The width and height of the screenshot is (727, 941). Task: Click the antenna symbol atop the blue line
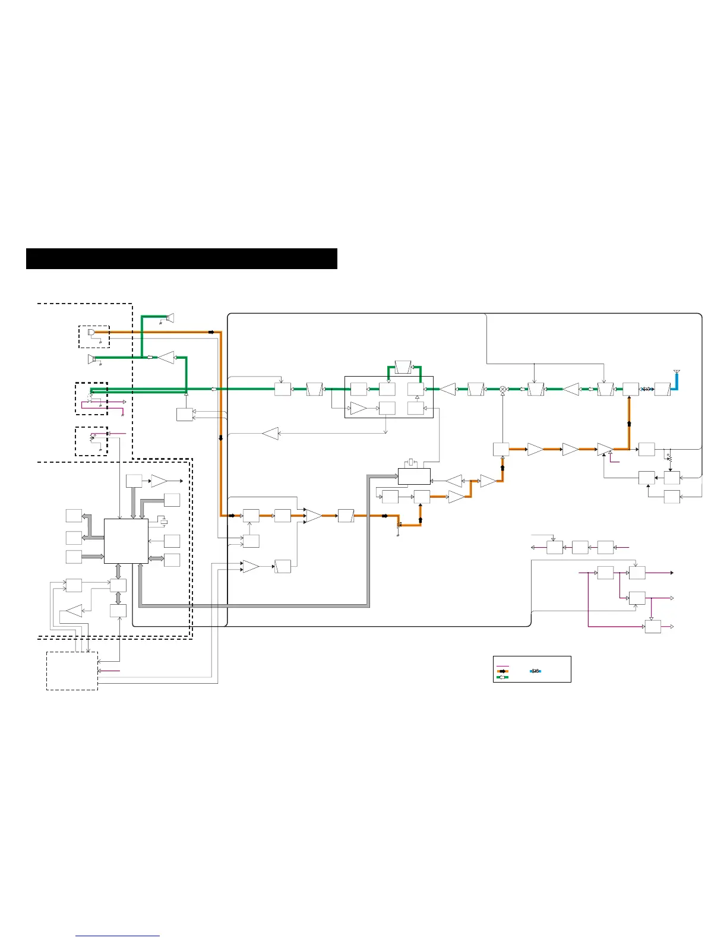pos(677,372)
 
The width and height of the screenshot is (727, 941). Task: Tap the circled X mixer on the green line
pos(502,389)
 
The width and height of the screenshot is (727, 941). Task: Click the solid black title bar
pos(182,259)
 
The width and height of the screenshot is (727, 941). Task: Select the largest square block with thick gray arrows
pos(126,541)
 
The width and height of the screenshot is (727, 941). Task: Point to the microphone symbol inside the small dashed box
pos(91,332)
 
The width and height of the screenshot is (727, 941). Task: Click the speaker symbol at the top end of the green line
pos(170,318)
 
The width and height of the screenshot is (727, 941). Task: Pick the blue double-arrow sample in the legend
pos(535,671)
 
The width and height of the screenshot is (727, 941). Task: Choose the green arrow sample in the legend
pos(502,677)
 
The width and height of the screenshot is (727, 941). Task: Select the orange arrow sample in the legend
pos(502,671)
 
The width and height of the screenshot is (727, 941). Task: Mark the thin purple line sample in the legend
pos(502,666)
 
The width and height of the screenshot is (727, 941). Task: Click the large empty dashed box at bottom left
pos(72,671)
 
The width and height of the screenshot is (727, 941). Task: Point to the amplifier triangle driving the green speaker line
pos(166,358)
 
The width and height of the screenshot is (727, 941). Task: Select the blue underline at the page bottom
pos(118,936)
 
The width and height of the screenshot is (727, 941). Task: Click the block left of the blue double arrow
pos(631,390)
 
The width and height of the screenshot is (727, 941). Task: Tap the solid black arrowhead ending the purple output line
pos(672,573)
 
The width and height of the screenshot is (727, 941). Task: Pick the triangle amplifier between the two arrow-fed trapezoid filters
pos(571,390)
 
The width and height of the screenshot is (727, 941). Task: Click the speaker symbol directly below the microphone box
pos(91,359)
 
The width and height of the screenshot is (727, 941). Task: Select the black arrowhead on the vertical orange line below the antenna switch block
pos(629,424)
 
